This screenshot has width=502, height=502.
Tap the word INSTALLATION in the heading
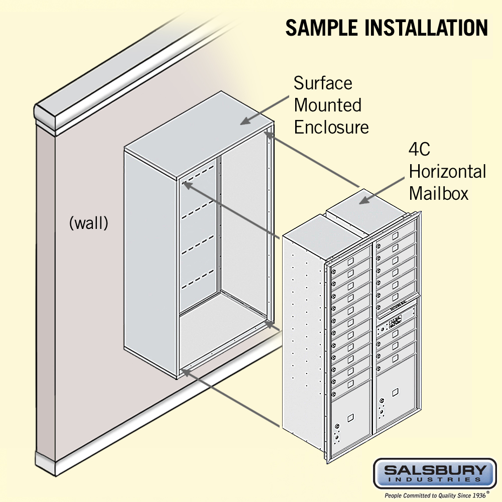click(427, 28)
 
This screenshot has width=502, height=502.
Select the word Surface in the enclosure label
click(323, 83)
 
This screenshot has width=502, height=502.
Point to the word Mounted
click(327, 105)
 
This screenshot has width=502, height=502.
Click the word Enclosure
click(331, 127)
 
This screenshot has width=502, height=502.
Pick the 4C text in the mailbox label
click(420, 150)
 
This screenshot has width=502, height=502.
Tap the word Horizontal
click(447, 171)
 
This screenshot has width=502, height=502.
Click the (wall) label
click(88, 223)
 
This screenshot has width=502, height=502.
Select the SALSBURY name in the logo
click(435, 471)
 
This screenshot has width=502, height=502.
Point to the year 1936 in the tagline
click(475, 495)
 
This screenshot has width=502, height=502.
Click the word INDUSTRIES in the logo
click(435, 480)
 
